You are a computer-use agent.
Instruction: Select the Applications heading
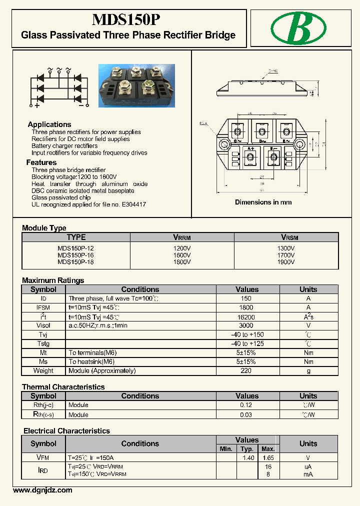click(49, 124)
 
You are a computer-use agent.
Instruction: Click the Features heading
click(41, 162)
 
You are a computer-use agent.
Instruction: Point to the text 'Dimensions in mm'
click(263, 202)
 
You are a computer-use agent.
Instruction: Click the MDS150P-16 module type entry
click(75, 255)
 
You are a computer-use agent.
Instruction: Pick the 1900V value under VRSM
click(286, 261)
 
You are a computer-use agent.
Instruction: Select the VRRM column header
click(182, 237)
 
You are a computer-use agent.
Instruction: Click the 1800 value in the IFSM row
click(246, 307)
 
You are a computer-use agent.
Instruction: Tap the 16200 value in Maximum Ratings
click(246, 316)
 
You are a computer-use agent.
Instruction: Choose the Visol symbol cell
click(43, 325)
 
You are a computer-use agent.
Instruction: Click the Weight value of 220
click(246, 370)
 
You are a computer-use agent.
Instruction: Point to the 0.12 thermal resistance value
click(246, 405)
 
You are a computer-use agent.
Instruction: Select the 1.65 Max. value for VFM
click(268, 457)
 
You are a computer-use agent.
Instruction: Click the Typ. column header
click(246, 449)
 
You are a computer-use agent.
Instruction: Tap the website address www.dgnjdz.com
click(42, 490)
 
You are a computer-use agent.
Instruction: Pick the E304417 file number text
click(131, 204)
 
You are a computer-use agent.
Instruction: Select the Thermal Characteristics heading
click(63, 387)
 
